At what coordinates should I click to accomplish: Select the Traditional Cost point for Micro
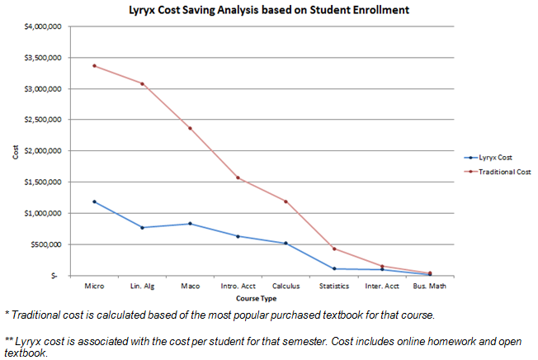[x=94, y=66]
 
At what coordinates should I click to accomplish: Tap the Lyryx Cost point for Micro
[x=94, y=201]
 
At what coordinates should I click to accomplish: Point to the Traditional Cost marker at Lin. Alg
[x=142, y=83]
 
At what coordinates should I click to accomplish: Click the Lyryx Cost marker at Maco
[x=190, y=224]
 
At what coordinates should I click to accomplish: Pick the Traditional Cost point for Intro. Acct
[x=238, y=178]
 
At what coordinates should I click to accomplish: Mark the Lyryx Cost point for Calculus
[x=286, y=244]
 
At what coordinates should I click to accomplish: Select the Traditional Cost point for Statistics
[x=333, y=249]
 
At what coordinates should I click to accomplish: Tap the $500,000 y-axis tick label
[x=47, y=244]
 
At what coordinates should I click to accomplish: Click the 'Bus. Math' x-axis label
[x=429, y=287]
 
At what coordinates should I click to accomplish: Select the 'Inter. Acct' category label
[x=381, y=287]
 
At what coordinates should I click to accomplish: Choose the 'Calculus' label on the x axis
[x=286, y=287]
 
